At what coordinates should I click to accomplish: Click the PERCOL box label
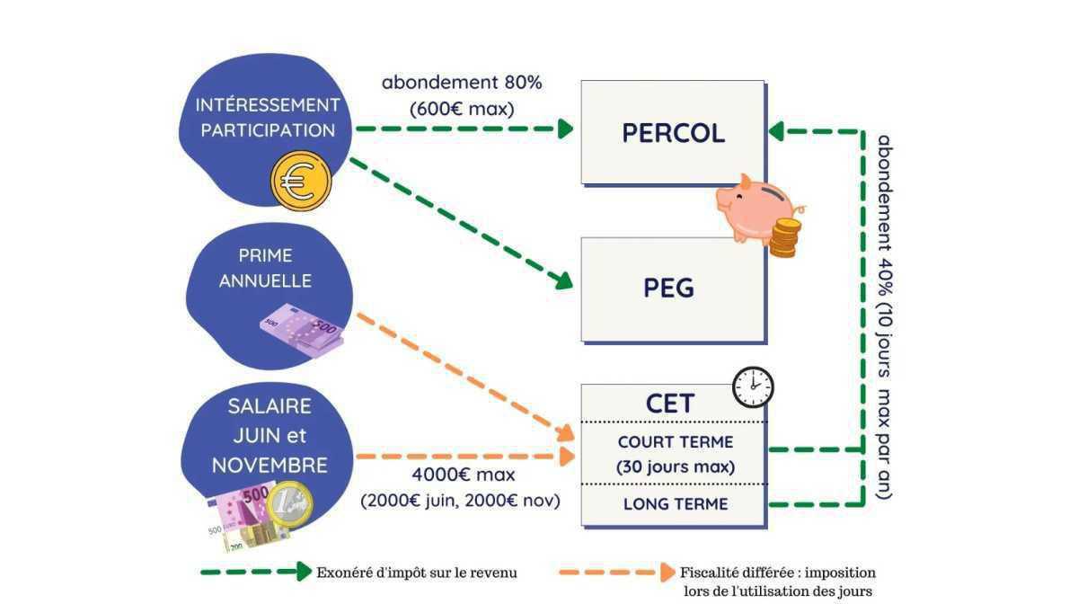pyautogui.click(x=673, y=133)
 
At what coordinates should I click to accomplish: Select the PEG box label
pyautogui.click(x=669, y=289)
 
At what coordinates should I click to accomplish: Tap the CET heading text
pyautogui.click(x=670, y=404)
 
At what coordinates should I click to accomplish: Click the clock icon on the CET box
pyautogui.click(x=752, y=387)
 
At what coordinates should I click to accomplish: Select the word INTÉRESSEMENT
pyautogui.click(x=268, y=104)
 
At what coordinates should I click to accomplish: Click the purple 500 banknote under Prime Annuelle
pyautogui.click(x=303, y=331)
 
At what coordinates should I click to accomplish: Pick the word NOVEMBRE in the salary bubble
pyautogui.click(x=269, y=466)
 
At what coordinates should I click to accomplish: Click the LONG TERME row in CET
pyautogui.click(x=676, y=504)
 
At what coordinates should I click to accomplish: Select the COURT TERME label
pyautogui.click(x=676, y=442)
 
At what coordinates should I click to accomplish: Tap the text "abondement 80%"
pyautogui.click(x=462, y=83)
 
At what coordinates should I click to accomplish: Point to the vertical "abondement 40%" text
pyautogui.click(x=884, y=315)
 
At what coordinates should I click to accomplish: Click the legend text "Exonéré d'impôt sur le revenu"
pyautogui.click(x=417, y=572)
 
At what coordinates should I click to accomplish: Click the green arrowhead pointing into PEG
pyautogui.click(x=562, y=280)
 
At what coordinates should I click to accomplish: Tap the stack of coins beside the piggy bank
pyautogui.click(x=784, y=237)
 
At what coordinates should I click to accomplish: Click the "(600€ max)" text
pyautogui.click(x=462, y=109)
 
